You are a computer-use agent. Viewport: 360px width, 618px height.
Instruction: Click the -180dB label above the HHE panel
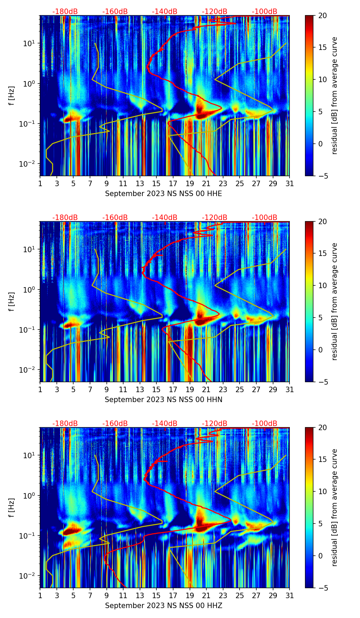coord(65,12)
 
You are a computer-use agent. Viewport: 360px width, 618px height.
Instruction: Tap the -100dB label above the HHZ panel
coord(265,424)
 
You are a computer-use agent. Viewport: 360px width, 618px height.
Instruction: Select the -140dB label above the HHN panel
coord(165,218)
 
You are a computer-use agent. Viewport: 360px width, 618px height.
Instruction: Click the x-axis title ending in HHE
coord(163,194)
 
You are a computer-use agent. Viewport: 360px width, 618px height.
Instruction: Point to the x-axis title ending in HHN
coord(163,400)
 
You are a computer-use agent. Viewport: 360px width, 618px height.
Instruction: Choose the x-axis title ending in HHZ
coord(163,606)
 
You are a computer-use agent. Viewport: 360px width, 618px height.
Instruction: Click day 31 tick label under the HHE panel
coord(290,183)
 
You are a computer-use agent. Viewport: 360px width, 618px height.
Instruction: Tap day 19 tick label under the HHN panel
coord(190,389)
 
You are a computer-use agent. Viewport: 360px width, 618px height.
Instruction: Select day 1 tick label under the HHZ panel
coord(40,595)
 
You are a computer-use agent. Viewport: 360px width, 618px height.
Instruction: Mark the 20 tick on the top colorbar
coord(322,15)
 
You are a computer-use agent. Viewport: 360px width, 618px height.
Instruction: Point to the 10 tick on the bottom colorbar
coord(322,491)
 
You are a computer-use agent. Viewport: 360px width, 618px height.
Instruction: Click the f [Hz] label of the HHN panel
coord(12,301)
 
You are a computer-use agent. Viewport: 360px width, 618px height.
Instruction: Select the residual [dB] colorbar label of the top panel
coord(334,95)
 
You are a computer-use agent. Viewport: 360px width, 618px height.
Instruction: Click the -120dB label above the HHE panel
coord(215,12)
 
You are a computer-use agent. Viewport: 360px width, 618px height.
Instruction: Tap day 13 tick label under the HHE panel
coord(140,183)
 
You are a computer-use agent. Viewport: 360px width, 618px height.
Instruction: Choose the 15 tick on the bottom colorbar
coord(322,459)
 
